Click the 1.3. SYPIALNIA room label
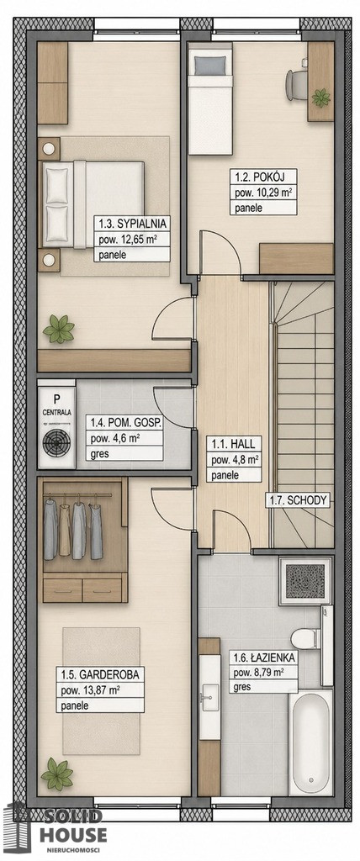[x=131, y=224]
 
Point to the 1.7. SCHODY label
[x=298, y=500]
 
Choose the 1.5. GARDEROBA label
[x=99, y=673]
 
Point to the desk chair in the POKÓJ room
[x=296, y=85]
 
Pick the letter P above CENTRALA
[x=56, y=398]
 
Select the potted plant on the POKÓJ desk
[x=321, y=98]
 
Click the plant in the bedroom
[x=59, y=330]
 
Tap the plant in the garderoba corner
[x=57, y=774]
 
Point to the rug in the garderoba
[x=101, y=690]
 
